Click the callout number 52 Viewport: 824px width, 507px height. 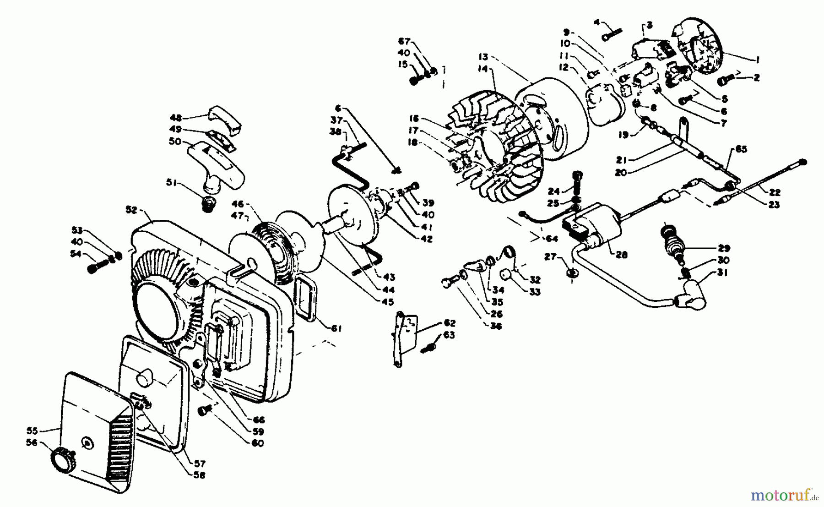click(x=132, y=210)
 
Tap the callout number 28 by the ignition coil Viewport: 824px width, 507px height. click(x=622, y=255)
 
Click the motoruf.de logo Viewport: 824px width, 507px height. click(x=785, y=495)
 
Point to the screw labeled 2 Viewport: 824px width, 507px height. click(x=725, y=81)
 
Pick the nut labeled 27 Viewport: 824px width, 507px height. click(x=571, y=273)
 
